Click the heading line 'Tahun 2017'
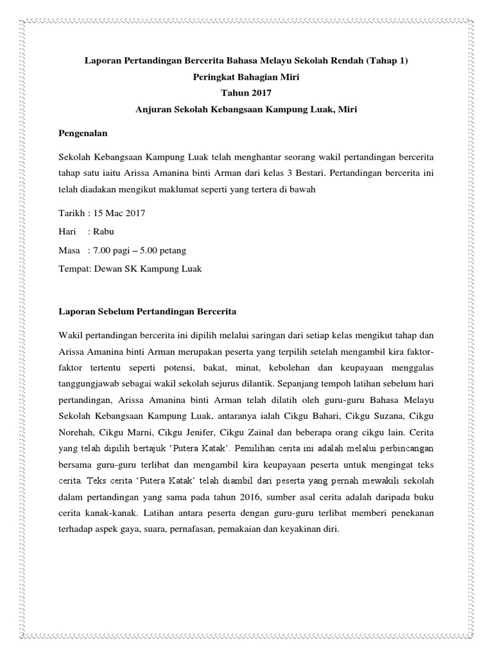[x=246, y=93]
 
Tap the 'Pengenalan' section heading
[x=82, y=134]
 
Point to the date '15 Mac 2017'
[x=119, y=213]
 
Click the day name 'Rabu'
[x=105, y=232]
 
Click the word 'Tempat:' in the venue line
[x=73, y=269]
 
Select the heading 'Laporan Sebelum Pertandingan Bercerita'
[x=147, y=312]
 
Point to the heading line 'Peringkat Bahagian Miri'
[x=246, y=77]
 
